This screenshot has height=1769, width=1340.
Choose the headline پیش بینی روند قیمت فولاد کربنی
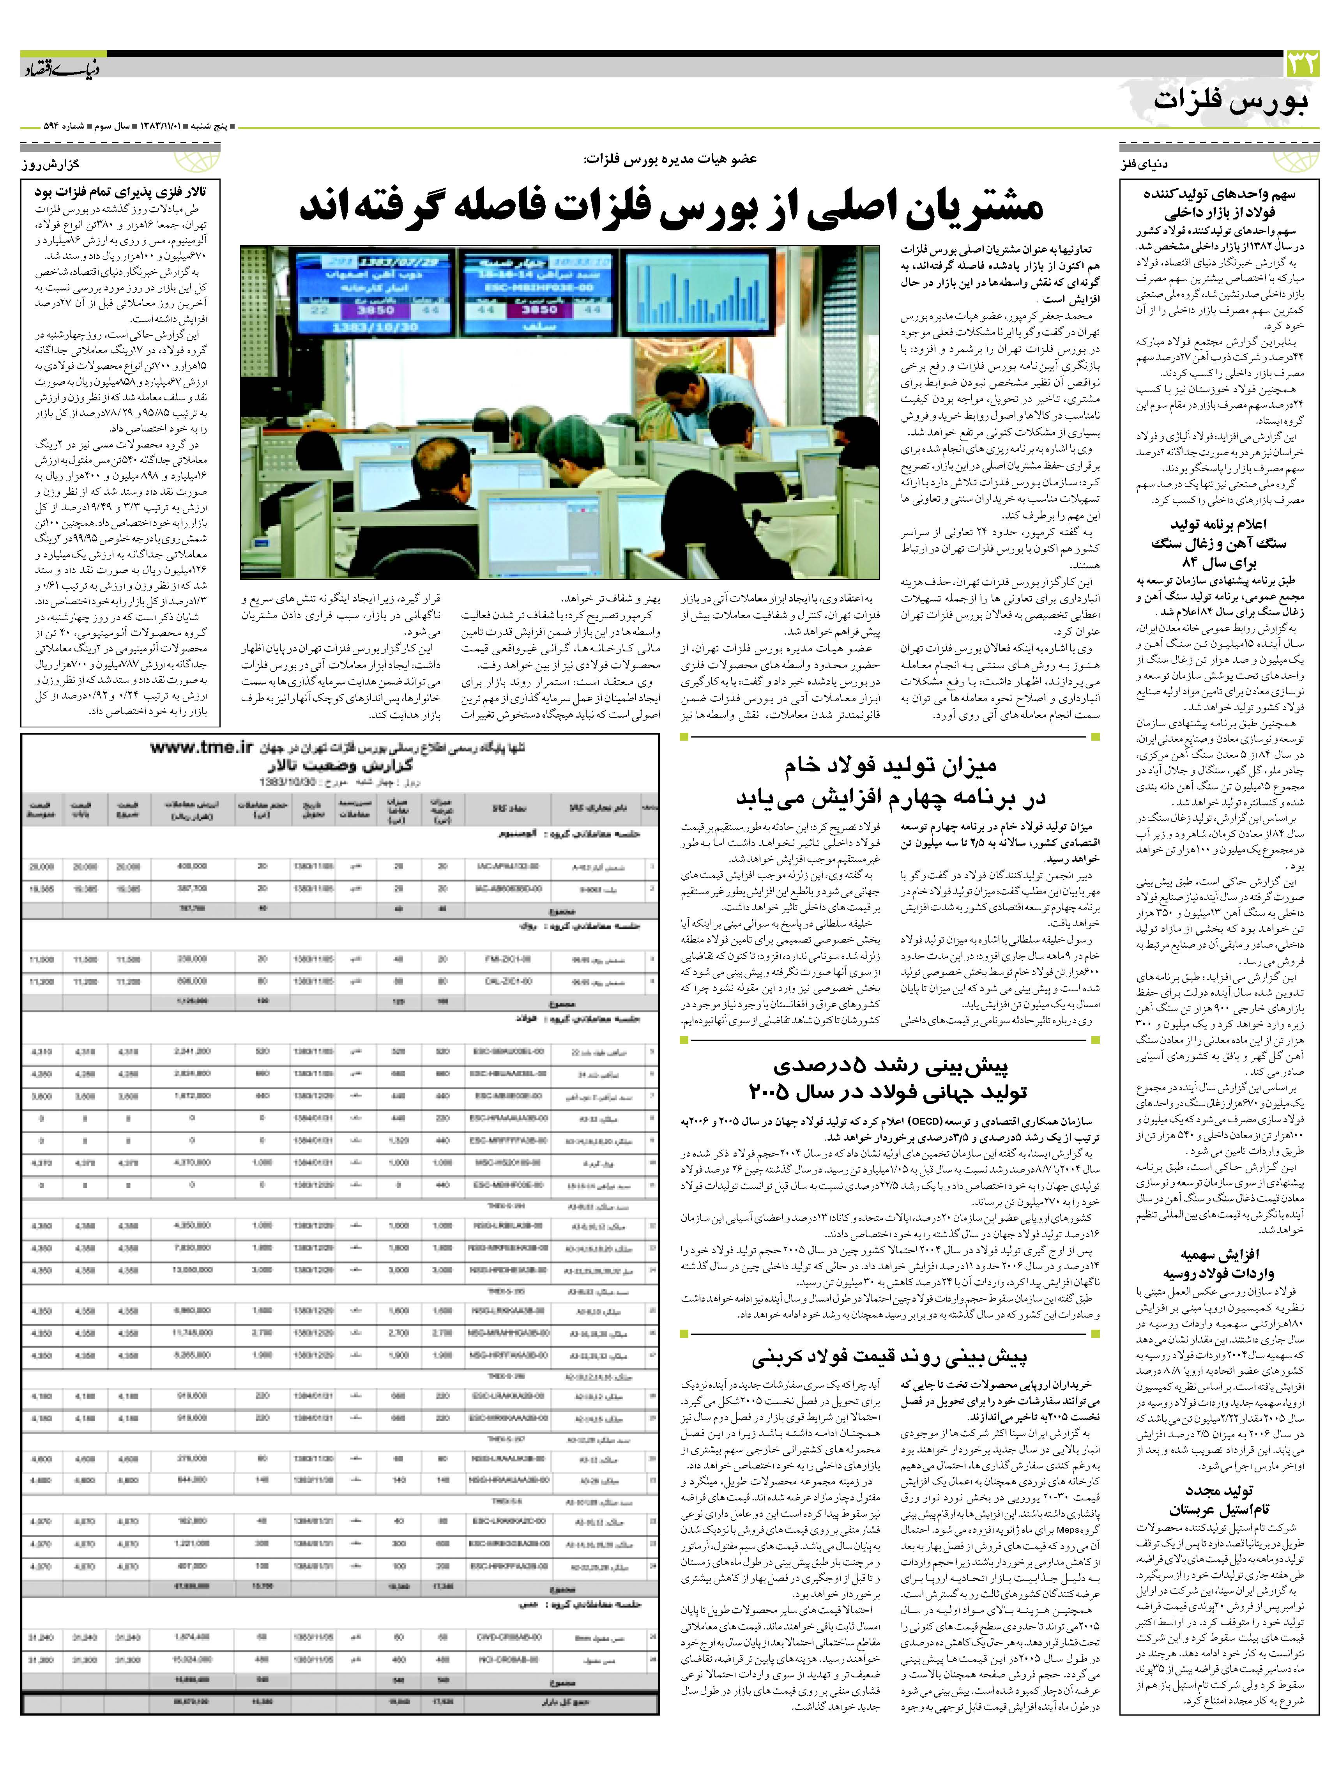(x=889, y=1355)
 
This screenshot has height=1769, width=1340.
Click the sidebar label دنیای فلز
(x=1145, y=165)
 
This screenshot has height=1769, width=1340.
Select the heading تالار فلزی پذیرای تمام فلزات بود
(x=120, y=192)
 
